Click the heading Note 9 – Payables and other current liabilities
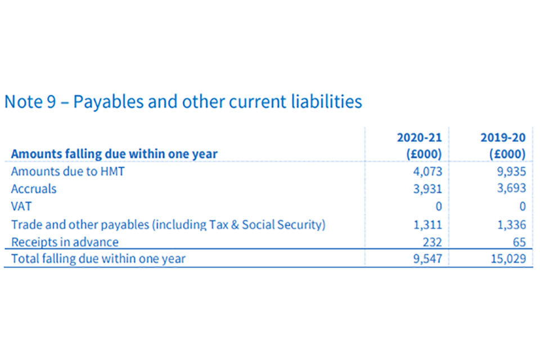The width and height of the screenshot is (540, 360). tap(183, 102)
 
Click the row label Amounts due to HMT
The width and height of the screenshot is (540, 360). tap(68, 172)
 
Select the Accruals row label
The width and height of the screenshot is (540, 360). tap(34, 189)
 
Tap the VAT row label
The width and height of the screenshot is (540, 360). tap(21, 206)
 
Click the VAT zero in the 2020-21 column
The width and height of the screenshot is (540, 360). tap(438, 206)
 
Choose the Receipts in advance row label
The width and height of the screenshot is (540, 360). tap(65, 242)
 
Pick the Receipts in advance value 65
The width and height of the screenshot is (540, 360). tap(519, 242)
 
